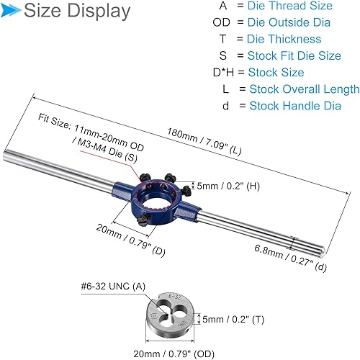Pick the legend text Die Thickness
(284, 39)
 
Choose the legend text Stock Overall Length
(304, 89)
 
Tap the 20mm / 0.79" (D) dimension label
(127, 238)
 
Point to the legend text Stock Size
(276, 73)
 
